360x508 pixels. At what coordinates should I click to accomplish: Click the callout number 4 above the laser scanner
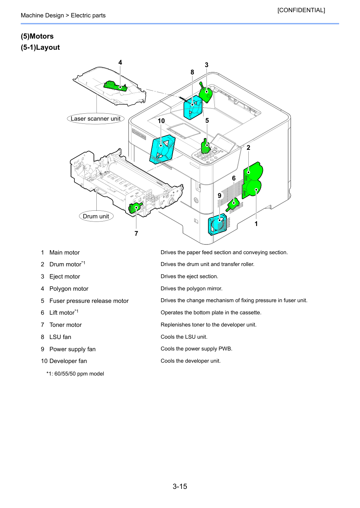point(120,62)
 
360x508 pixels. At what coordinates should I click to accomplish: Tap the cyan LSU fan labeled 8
point(193,107)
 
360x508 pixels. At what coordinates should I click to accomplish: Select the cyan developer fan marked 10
point(162,149)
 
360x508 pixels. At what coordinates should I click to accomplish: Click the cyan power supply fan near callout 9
point(217,225)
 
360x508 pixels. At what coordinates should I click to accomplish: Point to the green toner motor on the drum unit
point(135,208)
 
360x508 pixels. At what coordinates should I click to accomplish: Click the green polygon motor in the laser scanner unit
point(115,86)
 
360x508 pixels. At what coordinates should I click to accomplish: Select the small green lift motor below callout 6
point(233,205)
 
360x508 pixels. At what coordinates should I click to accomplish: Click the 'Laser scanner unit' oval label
point(96,119)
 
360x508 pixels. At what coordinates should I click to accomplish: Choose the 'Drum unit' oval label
point(96,216)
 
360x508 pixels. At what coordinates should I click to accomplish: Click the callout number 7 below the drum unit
point(136,233)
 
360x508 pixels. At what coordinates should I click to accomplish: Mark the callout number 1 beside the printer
point(256,224)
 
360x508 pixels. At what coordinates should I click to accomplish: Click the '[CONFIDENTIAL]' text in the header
point(301,10)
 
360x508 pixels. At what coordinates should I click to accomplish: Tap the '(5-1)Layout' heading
point(40,47)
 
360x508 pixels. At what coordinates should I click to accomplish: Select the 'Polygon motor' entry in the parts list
point(69,289)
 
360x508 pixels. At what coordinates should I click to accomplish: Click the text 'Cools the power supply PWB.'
point(197,349)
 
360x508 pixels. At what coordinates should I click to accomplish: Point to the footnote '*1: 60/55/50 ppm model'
point(75,374)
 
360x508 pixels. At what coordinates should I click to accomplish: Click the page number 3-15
point(180,486)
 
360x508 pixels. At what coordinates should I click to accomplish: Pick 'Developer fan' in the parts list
point(68,361)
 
